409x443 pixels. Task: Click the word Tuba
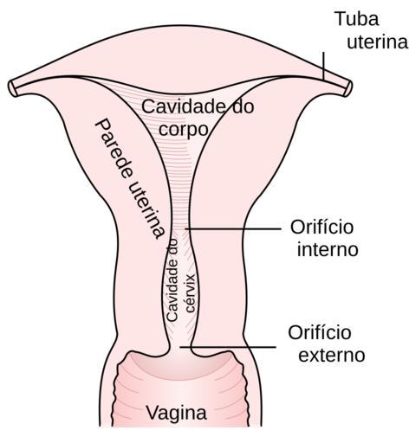point(357,19)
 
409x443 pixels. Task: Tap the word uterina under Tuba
point(378,42)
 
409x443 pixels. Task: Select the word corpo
point(184,130)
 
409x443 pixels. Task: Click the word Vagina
point(176,413)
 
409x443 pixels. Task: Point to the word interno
point(328,249)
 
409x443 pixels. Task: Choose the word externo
point(332,355)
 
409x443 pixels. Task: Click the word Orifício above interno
point(322,227)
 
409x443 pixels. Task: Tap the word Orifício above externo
point(320,332)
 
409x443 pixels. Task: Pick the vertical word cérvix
point(191,292)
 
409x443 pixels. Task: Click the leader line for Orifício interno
point(233,228)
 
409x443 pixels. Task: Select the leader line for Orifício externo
point(228,347)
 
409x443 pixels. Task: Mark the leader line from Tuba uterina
point(323,66)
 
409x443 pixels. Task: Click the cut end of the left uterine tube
point(12,87)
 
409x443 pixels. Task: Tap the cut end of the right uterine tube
point(348,88)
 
